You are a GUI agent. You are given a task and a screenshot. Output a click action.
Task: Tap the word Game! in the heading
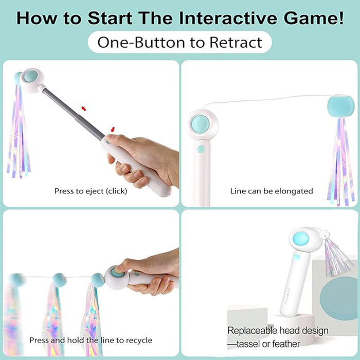tap(313, 18)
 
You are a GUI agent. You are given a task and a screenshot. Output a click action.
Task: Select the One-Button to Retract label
tap(180, 42)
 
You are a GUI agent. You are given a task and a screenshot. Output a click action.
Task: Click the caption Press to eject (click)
tap(91, 191)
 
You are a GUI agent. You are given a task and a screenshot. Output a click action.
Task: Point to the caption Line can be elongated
tap(272, 191)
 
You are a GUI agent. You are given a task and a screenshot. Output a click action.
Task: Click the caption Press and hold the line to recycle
tap(91, 340)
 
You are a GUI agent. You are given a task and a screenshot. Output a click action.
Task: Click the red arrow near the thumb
tap(113, 130)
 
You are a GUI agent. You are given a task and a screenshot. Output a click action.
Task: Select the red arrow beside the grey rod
tap(84, 109)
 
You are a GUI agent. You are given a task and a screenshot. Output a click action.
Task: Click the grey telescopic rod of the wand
tap(74, 114)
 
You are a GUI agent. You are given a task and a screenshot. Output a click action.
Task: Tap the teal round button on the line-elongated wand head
tap(201, 124)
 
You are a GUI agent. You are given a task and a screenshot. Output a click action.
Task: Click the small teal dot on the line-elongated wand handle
tap(201, 149)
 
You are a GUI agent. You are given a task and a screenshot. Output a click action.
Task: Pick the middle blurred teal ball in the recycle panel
tap(60, 280)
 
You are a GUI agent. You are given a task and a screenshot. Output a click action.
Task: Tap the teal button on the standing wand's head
tap(301, 239)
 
